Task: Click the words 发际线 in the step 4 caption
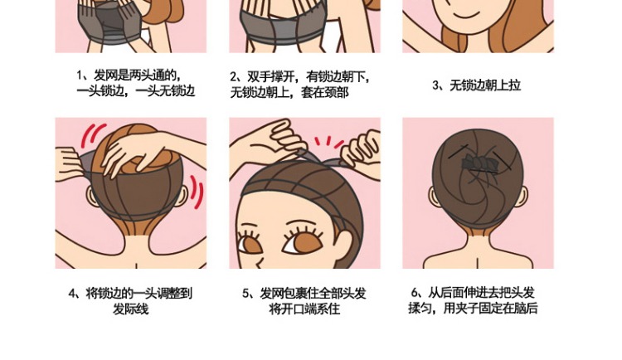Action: pyautogui.click(x=129, y=309)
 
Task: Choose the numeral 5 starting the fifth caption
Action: pyautogui.click(x=246, y=294)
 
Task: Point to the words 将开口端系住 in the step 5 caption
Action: pyautogui.click(x=304, y=309)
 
